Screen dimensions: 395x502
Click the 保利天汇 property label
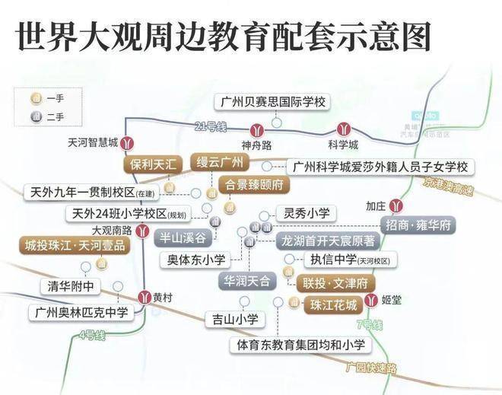(x=153, y=164)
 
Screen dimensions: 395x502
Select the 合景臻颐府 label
(x=251, y=185)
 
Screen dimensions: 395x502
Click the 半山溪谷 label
(x=182, y=236)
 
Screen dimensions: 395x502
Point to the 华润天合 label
(x=246, y=281)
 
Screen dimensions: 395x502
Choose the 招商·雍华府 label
(x=419, y=226)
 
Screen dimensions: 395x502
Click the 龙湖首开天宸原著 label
(x=328, y=241)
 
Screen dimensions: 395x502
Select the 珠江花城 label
(x=332, y=306)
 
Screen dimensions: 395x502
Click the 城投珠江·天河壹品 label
(x=74, y=245)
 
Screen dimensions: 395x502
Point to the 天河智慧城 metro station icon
(x=130, y=142)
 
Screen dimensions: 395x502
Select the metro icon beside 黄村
(x=143, y=297)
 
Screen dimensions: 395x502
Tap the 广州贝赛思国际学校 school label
(x=272, y=101)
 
